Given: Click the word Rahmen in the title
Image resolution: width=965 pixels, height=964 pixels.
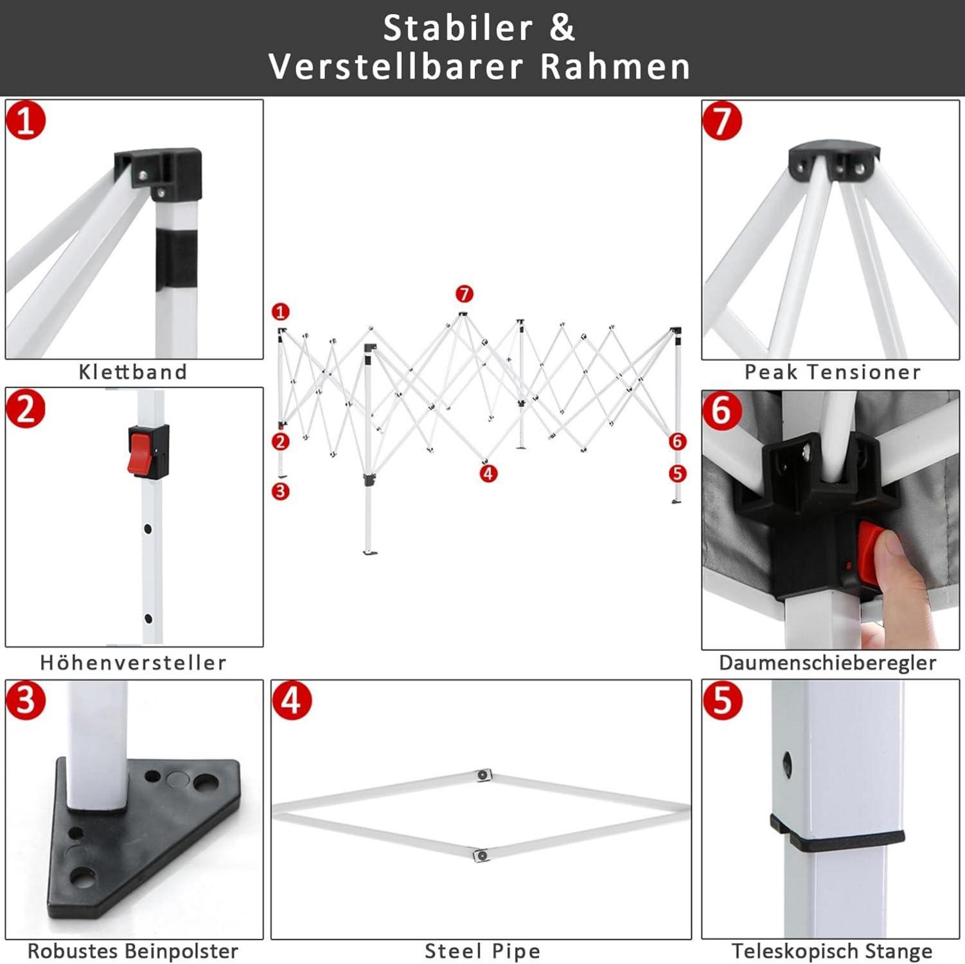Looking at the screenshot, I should [615, 66].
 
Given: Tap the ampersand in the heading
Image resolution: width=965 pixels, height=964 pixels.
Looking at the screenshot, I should [562, 28].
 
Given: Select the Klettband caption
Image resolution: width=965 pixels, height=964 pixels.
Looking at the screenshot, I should [133, 371].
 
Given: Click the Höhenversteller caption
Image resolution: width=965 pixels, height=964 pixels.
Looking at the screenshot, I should [133, 663].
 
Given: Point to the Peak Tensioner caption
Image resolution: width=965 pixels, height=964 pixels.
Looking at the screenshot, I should [832, 371].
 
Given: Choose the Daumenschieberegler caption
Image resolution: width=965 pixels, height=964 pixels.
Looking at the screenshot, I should [828, 663].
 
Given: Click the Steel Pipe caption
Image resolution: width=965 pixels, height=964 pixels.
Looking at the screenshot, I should [482, 951].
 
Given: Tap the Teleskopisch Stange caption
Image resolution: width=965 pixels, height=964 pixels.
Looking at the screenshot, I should [832, 951].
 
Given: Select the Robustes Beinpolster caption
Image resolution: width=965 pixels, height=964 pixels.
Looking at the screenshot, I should [133, 951].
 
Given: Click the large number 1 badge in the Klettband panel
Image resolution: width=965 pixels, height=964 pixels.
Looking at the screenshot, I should [26, 120].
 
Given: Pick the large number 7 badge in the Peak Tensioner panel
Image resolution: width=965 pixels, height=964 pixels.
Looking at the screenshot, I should [722, 121].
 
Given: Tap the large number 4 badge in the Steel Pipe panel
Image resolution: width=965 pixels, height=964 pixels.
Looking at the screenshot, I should [292, 701].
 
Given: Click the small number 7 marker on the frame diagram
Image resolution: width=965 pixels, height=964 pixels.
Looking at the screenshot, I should [465, 294].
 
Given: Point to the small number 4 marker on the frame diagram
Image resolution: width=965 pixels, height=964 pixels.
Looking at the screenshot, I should [488, 474].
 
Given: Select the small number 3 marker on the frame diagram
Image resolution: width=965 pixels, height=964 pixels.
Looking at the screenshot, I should [280, 492].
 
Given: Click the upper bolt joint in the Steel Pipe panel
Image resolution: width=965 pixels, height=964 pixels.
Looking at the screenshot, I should [482, 775].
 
